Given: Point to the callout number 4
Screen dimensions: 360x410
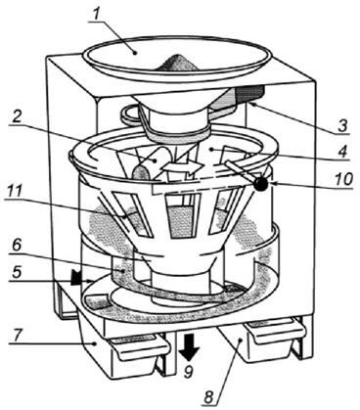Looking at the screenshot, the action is (341, 152).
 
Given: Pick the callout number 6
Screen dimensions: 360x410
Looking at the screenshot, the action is (18, 247).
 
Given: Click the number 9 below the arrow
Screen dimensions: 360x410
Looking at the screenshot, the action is (188, 372).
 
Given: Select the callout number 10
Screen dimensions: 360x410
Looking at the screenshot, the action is (343, 179).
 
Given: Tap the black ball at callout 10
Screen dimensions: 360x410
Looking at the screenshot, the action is (261, 184).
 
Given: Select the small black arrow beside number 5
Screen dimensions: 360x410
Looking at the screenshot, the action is (77, 277).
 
